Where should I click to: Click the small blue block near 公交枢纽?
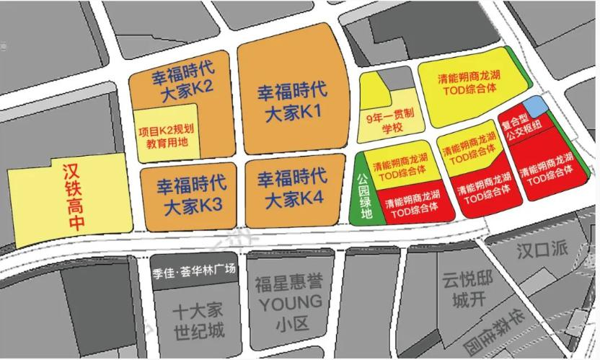(x=534, y=107)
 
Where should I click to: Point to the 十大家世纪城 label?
(x=198, y=322)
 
